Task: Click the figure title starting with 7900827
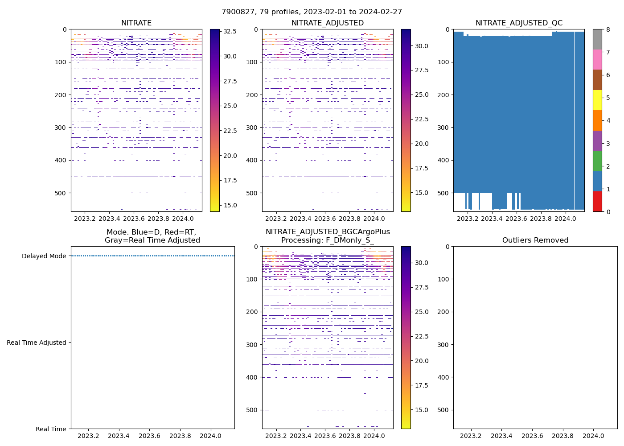pyautogui.click(x=312, y=12)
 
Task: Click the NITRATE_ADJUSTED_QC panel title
pyautogui.click(x=519, y=23)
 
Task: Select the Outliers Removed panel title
pyautogui.click(x=535, y=240)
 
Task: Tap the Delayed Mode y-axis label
pyautogui.click(x=44, y=256)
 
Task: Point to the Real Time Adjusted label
pyautogui.click(x=37, y=343)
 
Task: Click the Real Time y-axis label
pyautogui.click(x=51, y=429)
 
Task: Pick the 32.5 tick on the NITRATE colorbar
pyautogui.click(x=230, y=32)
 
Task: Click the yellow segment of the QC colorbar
pyautogui.click(x=597, y=100)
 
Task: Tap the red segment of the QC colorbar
pyautogui.click(x=597, y=201)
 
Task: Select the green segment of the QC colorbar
pyautogui.click(x=597, y=161)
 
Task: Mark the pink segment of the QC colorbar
pyautogui.click(x=597, y=59)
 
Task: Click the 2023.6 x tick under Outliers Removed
pyautogui.click(x=532, y=436)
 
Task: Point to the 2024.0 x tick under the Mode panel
pyautogui.click(x=210, y=436)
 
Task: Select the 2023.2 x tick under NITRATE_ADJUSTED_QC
pyautogui.click(x=468, y=219)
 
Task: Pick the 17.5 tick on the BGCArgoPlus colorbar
pyautogui.click(x=421, y=385)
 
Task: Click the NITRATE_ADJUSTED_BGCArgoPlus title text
pyautogui.click(x=328, y=232)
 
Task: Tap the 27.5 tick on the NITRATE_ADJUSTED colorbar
pyautogui.click(x=421, y=70)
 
